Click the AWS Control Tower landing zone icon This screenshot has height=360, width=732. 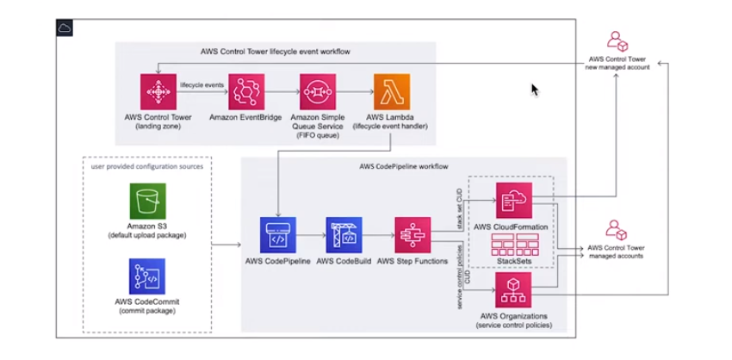click(x=158, y=91)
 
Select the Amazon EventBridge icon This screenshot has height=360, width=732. click(x=245, y=91)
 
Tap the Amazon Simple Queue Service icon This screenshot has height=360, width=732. click(x=318, y=91)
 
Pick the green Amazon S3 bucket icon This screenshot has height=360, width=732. click(x=147, y=201)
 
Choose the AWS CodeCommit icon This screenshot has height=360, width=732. click(x=147, y=276)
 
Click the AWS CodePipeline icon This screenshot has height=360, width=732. click(x=278, y=234)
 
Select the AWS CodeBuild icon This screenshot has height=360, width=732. click(x=344, y=234)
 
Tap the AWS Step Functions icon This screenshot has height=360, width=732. click(x=413, y=234)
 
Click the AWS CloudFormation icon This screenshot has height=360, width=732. click(x=513, y=200)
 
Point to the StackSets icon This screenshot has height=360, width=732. click(x=513, y=244)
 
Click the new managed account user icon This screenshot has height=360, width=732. click(x=617, y=40)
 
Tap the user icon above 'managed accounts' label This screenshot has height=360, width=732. click(x=617, y=230)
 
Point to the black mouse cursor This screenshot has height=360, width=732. click(x=536, y=90)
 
